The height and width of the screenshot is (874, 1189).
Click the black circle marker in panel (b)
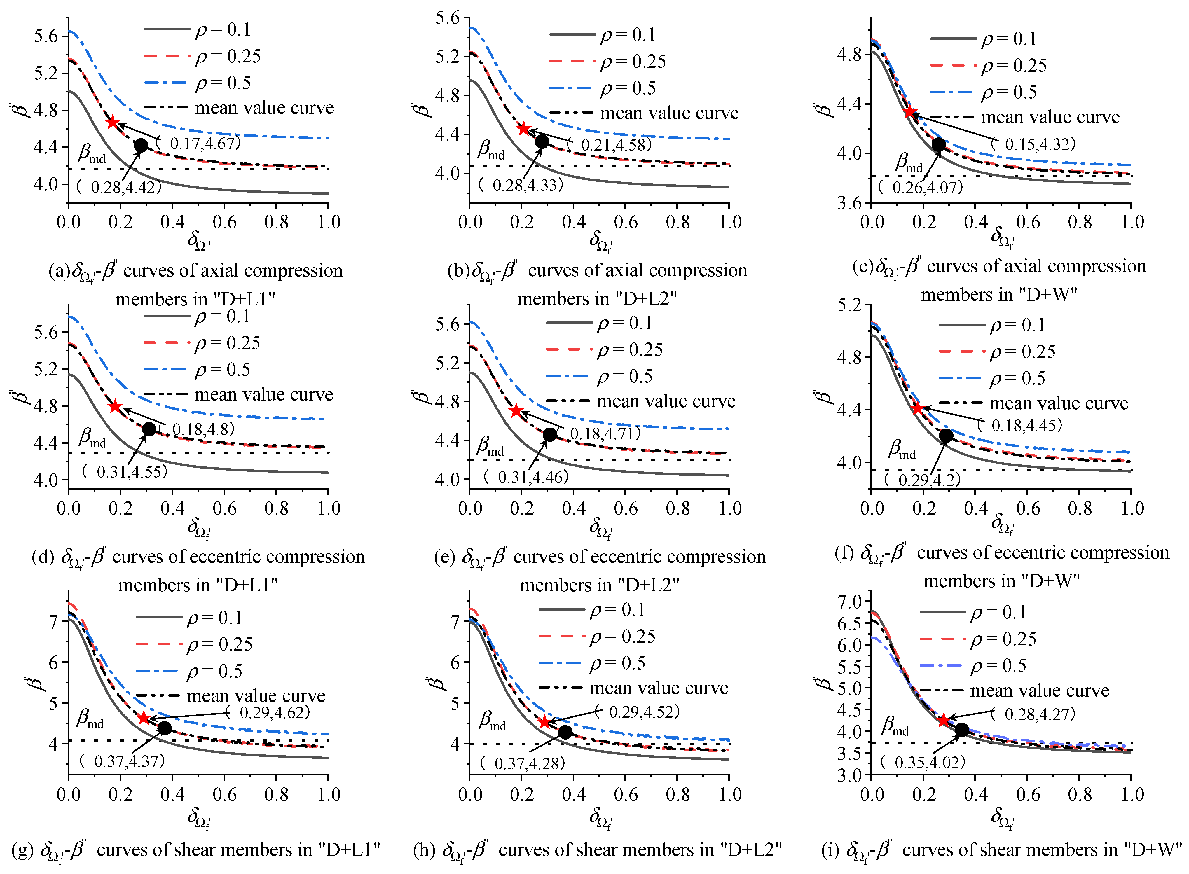point(542,141)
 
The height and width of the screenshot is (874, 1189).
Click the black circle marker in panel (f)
point(946,436)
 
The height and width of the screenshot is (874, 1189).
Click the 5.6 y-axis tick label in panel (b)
point(448,18)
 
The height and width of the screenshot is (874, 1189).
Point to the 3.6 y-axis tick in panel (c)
point(849,203)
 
